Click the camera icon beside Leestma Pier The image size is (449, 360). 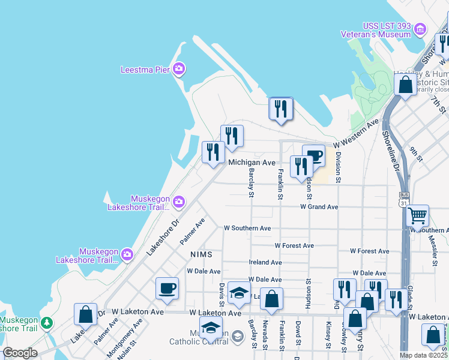(178, 70)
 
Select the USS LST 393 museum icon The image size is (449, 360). (420, 29)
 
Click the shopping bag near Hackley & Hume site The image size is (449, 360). (406, 85)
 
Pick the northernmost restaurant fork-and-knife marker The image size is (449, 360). (280, 109)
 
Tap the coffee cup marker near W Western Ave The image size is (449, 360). (313, 157)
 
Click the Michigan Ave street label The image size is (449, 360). (252, 163)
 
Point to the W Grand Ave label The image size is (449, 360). (319, 207)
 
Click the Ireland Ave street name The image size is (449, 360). (265, 262)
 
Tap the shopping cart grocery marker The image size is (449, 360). (417, 215)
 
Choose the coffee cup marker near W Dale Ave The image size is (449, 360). (167, 289)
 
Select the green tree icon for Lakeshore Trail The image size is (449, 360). (47, 323)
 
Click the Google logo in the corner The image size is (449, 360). (20, 353)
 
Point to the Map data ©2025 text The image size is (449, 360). (423, 355)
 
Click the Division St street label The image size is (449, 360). (339, 167)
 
